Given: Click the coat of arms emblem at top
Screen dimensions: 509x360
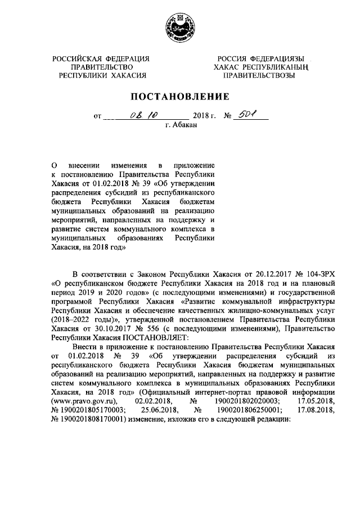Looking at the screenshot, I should tap(179, 29).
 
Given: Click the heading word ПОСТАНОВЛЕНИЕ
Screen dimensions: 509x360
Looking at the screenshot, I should tap(179, 96).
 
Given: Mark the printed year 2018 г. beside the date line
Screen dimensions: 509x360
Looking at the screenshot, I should tap(205, 117).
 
